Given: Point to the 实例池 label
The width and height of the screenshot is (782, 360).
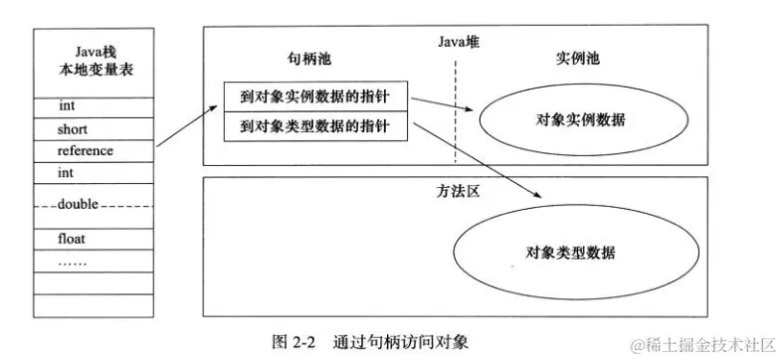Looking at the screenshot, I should [x=576, y=61].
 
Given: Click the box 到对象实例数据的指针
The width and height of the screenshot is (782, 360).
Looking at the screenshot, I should [x=313, y=98].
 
